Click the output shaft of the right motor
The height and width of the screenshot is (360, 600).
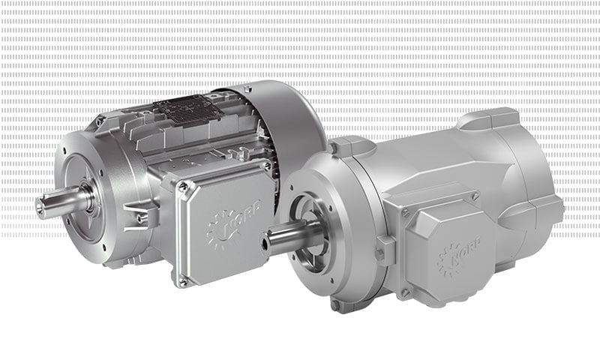(x=283, y=238)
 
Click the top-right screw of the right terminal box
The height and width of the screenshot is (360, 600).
(x=475, y=196)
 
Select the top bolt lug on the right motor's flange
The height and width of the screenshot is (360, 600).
(x=340, y=146)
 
